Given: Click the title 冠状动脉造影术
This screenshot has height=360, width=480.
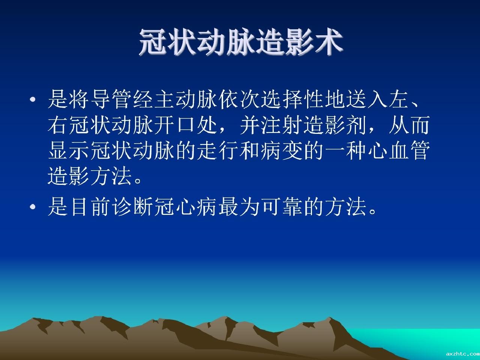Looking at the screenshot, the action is click(x=241, y=42).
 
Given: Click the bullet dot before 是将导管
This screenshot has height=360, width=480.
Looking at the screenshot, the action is click(x=33, y=100).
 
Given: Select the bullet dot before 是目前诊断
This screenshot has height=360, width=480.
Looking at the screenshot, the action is click(x=33, y=207).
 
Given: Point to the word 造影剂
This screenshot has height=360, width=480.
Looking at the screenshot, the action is click(x=335, y=125).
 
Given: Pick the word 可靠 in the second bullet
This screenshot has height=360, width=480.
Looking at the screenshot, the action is click(x=282, y=207).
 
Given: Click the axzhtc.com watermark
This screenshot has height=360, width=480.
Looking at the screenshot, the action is click(x=463, y=354).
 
